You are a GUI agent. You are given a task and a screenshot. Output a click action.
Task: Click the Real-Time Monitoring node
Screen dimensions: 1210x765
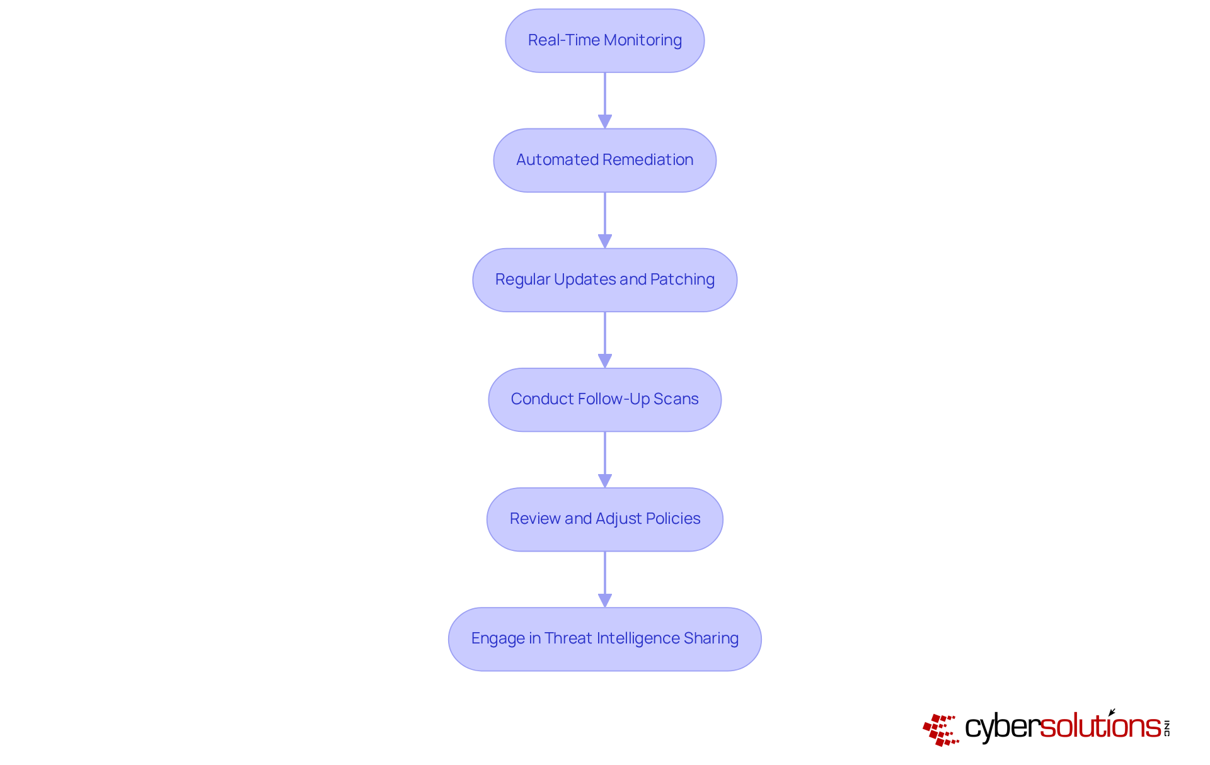click(604, 41)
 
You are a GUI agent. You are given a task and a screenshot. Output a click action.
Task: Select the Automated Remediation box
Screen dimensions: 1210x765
click(604, 161)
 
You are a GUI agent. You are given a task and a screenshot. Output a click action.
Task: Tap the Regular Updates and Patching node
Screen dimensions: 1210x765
click(604, 280)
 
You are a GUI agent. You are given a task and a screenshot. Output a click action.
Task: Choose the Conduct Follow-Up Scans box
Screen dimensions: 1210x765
click(604, 400)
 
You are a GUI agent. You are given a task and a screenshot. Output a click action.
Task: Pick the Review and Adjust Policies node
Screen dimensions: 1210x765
click(604, 519)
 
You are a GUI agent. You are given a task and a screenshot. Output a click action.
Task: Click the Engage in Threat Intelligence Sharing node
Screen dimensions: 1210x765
click(604, 639)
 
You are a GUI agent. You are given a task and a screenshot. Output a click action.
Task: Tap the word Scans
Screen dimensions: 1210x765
click(676, 399)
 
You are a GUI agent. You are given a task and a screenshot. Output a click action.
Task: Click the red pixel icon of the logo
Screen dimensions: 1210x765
click(940, 730)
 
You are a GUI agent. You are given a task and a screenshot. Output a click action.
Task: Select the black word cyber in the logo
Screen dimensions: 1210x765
click(1001, 727)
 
